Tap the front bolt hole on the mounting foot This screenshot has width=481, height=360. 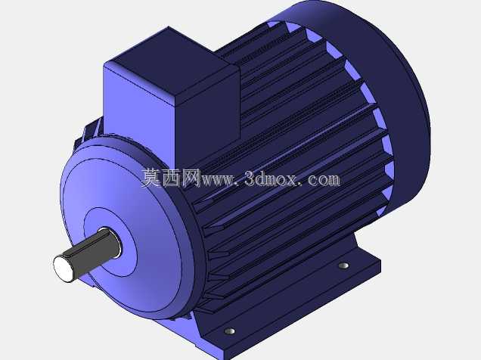tap(229, 331)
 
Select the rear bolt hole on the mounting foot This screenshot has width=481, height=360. tap(343, 265)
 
